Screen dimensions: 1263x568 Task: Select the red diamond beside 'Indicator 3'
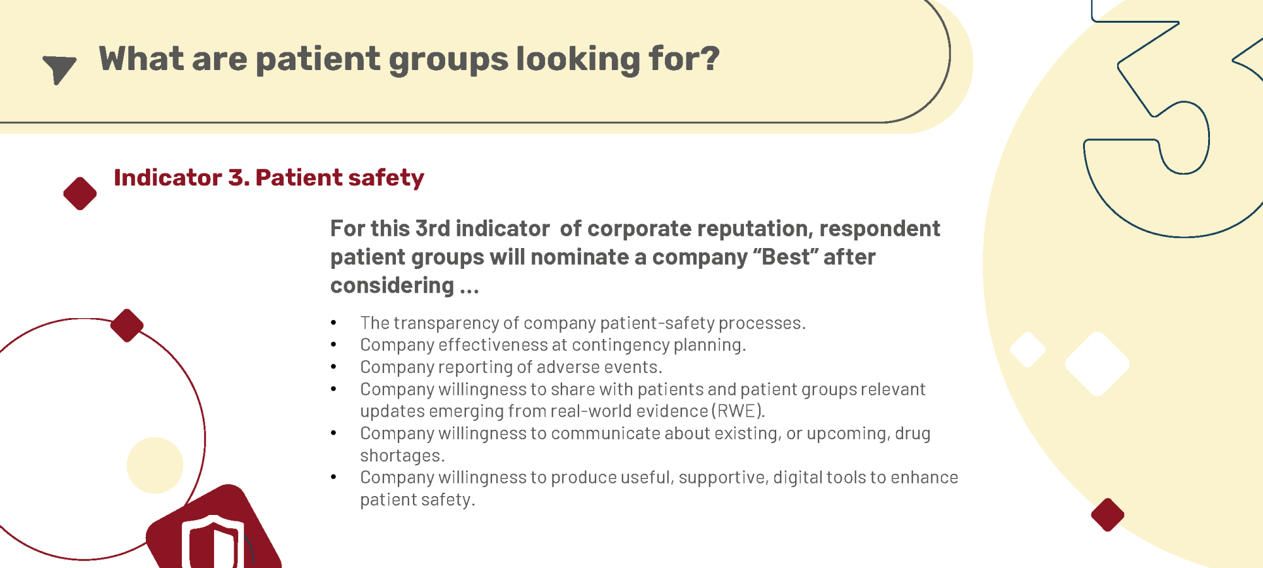80,193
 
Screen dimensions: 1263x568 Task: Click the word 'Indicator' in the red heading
168,177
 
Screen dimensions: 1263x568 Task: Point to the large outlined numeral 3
1175,120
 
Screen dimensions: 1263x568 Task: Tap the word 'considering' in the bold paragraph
392,286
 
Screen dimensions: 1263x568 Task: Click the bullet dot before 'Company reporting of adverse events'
333,367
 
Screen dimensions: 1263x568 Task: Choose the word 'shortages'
400,455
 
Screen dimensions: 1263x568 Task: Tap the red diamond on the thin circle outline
127,326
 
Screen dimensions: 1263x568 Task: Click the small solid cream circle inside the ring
155,465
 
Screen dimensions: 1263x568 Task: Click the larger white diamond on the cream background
1097,364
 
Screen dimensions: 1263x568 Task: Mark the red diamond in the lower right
1108,515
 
